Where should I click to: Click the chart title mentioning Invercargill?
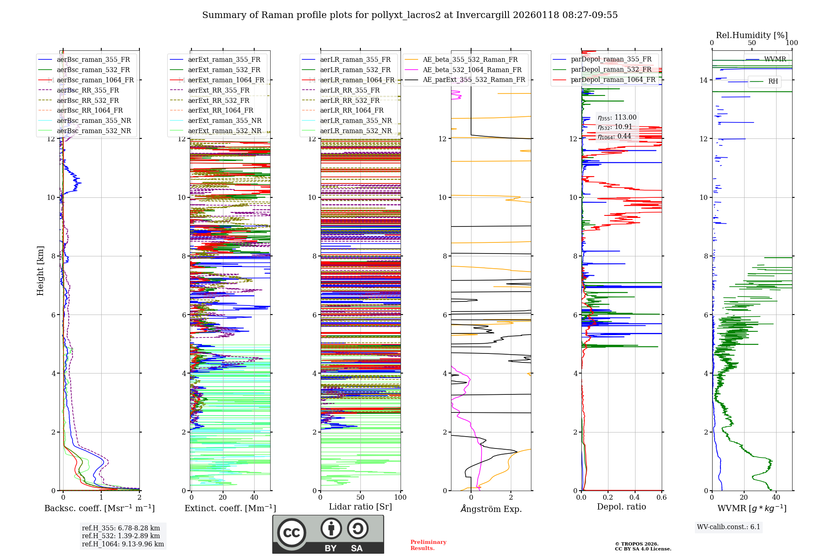[410, 15]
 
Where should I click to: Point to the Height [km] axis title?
[40, 270]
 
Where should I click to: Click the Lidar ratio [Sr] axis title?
[360, 507]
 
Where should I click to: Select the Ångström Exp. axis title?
[491, 509]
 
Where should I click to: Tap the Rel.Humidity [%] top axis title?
[752, 35]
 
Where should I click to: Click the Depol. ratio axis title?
[621, 507]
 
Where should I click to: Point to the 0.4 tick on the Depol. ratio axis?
[635, 498]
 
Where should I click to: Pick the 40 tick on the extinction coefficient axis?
[254, 498]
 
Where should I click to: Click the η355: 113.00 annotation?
[617, 118]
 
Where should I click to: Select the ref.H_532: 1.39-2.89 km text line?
[121, 536]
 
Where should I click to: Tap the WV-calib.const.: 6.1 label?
[728, 527]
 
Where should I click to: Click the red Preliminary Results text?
[428, 545]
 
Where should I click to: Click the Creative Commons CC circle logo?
[292, 533]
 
